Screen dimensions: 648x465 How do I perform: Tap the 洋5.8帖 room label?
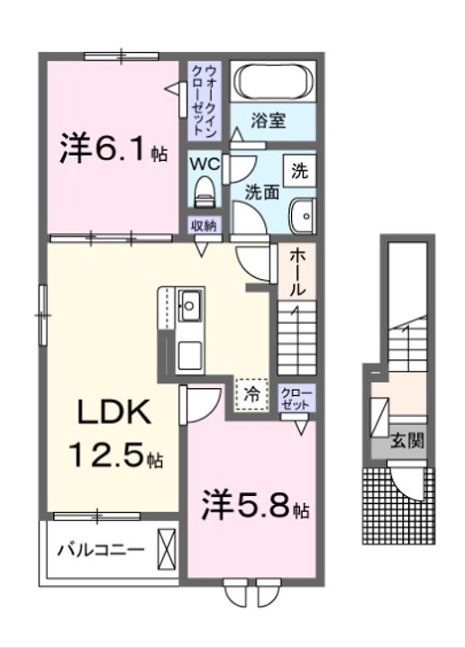pyautogui.click(x=255, y=506)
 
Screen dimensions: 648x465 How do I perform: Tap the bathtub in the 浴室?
pyautogui.click(x=275, y=84)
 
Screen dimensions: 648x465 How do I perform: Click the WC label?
pyautogui.click(x=203, y=164)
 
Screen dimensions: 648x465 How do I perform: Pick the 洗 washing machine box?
pyautogui.click(x=298, y=167)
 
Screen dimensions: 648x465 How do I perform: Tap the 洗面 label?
pyautogui.click(x=262, y=191)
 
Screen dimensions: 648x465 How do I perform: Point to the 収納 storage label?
pyautogui.click(x=204, y=225)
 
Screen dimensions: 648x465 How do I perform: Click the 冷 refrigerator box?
pyautogui.click(x=252, y=393)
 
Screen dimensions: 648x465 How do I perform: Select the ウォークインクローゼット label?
pyautogui.click(x=204, y=99)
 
